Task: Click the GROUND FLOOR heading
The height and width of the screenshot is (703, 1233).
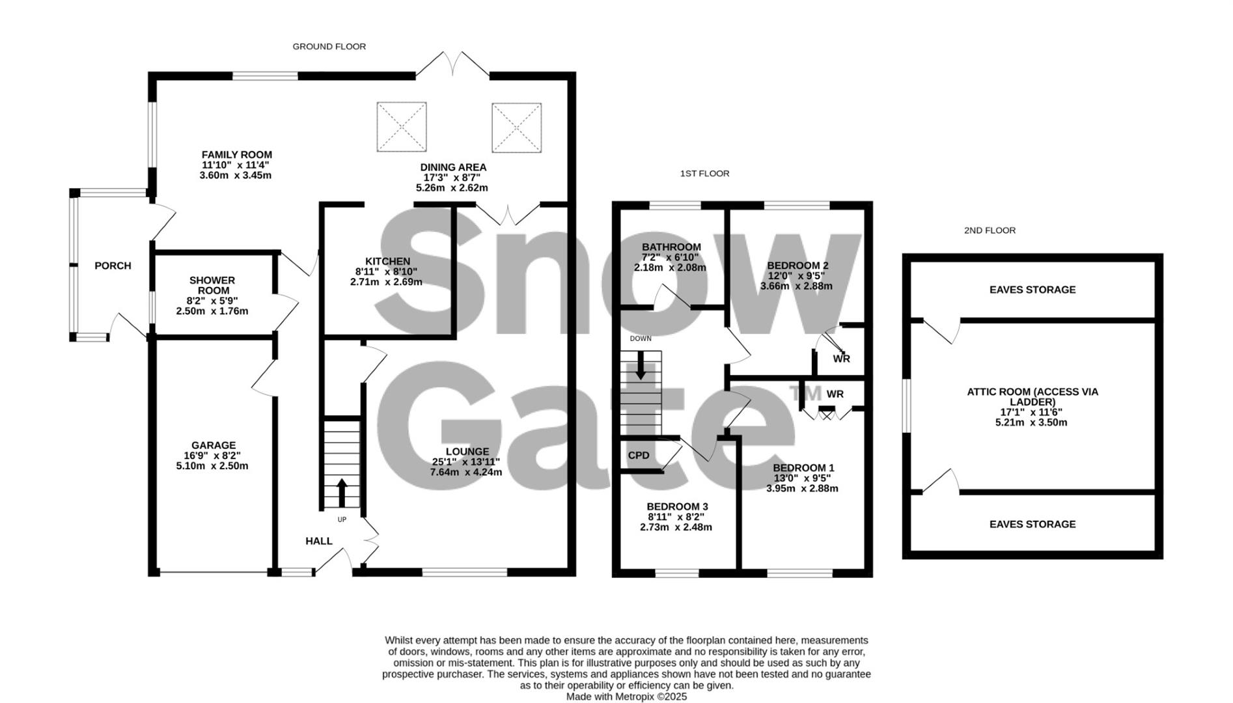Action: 329,47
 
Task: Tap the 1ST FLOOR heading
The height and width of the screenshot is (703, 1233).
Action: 704,174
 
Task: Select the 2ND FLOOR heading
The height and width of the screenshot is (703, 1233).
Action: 990,230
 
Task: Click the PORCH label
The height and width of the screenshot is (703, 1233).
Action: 113,266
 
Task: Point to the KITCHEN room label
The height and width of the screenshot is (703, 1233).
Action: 387,262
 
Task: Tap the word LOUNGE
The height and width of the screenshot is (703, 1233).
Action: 467,452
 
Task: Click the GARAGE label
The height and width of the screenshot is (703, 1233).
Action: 213,446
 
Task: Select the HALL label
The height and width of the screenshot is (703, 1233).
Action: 319,541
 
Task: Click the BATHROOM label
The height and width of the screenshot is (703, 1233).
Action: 671,247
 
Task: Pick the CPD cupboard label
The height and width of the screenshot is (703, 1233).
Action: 639,456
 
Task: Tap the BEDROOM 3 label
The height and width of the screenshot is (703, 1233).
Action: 677,506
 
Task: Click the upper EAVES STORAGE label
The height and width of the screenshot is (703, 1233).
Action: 1032,290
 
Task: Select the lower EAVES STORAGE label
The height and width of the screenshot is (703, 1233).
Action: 1032,524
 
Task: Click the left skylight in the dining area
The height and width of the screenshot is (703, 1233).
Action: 402,127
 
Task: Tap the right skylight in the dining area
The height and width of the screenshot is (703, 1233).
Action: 516,128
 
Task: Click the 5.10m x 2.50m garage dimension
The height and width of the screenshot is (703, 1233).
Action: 212,466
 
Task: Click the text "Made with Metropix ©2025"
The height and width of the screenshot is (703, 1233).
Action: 626,696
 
